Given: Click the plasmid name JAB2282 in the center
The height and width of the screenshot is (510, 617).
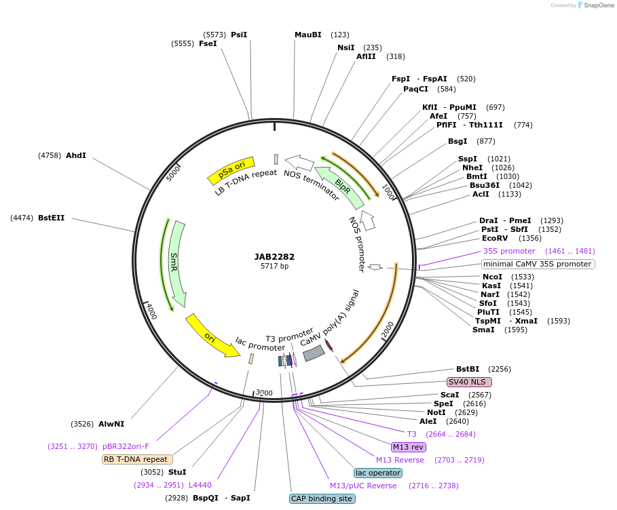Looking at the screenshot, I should click(x=274, y=257).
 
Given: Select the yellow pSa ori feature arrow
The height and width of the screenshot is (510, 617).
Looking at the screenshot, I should click(x=231, y=171).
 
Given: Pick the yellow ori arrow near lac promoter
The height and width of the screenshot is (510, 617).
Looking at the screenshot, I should click(x=211, y=336).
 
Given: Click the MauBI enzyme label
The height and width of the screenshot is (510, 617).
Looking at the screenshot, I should click(x=307, y=35).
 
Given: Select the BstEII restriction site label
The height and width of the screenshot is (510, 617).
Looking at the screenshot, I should click(x=52, y=218).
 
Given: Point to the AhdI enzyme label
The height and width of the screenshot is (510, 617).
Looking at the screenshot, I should click(x=76, y=155).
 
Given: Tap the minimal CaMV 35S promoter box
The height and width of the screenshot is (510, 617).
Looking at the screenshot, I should click(x=538, y=264).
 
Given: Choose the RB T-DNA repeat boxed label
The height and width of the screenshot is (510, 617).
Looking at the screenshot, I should click(x=135, y=459).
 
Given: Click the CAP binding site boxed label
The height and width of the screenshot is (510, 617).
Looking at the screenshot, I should click(x=322, y=498).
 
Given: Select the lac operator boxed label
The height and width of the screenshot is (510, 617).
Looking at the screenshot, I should click(x=378, y=473).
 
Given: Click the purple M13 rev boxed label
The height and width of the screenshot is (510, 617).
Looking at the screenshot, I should click(x=408, y=447).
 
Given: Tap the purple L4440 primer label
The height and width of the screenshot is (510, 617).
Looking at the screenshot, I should click(x=200, y=485).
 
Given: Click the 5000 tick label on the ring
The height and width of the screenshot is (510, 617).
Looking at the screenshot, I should click(x=174, y=172).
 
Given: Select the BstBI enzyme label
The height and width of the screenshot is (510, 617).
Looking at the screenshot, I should click(x=468, y=369).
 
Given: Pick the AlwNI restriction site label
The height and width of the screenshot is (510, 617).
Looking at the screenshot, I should click(x=111, y=424).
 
